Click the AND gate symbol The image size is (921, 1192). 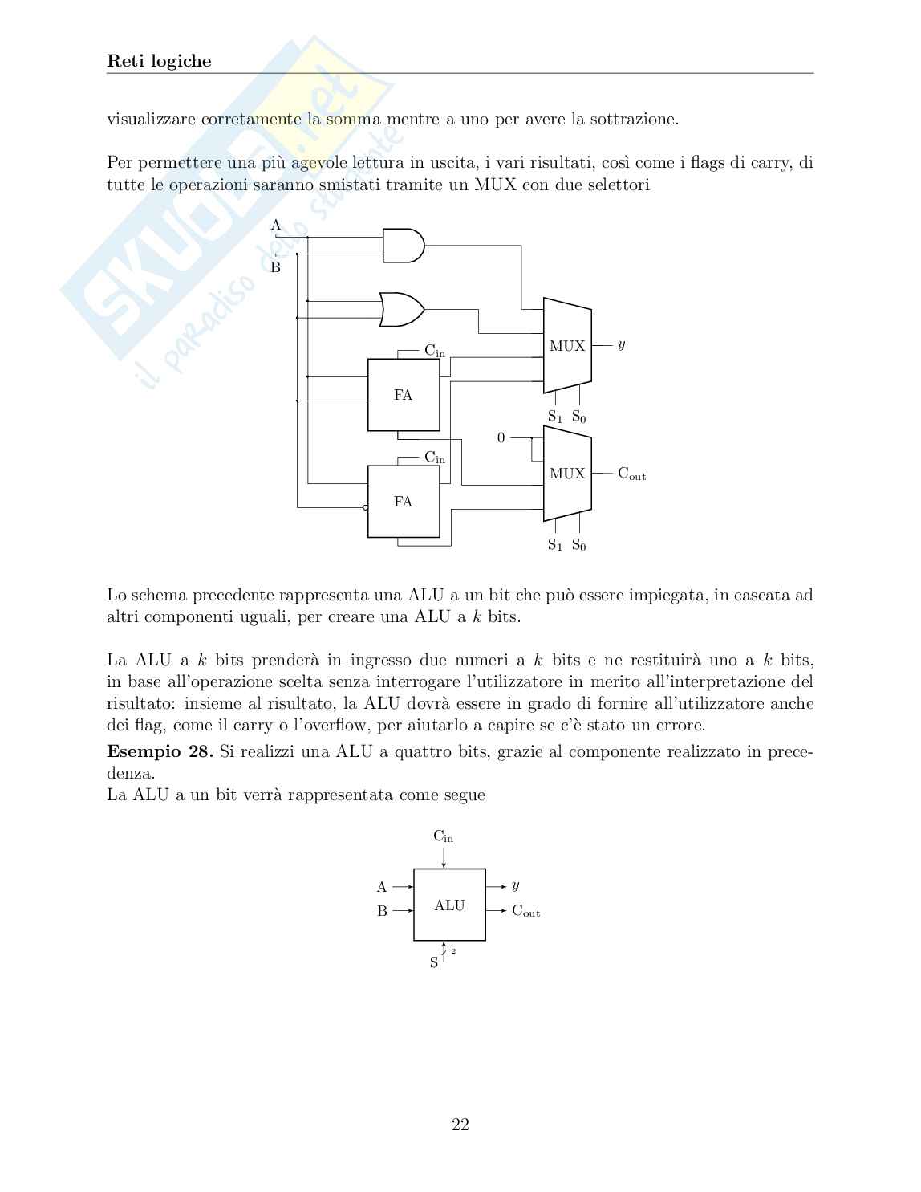[403, 246]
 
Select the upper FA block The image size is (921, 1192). [404, 395]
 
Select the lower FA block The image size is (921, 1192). [404, 502]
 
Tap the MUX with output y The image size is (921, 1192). [567, 346]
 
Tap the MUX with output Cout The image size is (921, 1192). [567, 474]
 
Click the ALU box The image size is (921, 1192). [449, 905]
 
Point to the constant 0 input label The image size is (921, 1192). [501, 438]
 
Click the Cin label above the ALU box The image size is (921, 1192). [443, 836]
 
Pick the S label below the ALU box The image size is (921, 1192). [434, 962]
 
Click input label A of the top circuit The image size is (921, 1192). [276, 226]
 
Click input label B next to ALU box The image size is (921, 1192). [383, 911]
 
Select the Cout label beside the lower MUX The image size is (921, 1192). [631, 474]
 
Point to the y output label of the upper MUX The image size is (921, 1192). [621, 345]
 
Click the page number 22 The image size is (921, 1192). [460, 1125]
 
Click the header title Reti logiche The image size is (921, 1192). [159, 61]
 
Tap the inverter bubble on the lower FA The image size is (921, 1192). [366, 507]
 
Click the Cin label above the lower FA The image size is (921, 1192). [435, 458]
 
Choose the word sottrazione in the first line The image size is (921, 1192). [634, 120]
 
